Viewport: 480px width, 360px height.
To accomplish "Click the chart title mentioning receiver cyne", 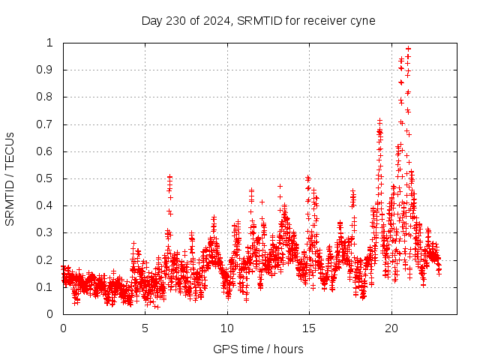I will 259,20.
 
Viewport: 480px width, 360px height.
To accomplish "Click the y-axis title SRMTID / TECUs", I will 10,178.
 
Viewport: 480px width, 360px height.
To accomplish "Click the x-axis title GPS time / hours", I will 259,349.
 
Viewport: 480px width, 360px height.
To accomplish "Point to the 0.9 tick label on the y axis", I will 47,70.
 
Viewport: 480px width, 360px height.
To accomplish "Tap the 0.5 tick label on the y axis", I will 47,178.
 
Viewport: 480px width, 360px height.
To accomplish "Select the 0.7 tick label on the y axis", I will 47,124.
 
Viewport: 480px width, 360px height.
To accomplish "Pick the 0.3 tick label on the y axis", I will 47,232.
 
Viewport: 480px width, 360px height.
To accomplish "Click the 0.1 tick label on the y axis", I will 47,287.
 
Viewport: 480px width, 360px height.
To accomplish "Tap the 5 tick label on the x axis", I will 145,328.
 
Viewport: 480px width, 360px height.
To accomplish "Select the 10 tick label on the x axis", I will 226,328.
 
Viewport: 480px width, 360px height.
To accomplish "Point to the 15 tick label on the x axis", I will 308,328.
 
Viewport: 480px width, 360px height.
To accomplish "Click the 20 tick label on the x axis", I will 391,328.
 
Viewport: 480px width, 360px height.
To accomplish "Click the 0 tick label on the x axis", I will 63,328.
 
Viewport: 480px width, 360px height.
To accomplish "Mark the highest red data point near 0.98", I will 408,49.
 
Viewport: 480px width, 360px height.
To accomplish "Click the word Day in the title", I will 152,20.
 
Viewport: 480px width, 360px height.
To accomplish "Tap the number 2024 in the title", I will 217,20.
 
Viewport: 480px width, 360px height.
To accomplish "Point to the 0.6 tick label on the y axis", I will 47,151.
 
